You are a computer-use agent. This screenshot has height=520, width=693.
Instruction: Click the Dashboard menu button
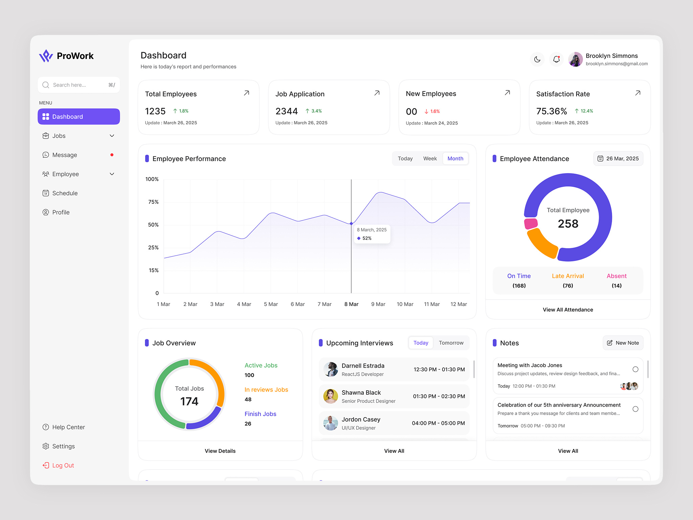pyautogui.click(x=79, y=116)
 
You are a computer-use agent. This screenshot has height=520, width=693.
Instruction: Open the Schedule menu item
pyautogui.click(x=65, y=193)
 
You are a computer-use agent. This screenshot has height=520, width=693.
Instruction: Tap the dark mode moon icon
pyautogui.click(x=537, y=60)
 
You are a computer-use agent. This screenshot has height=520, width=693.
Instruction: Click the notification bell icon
pyautogui.click(x=556, y=60)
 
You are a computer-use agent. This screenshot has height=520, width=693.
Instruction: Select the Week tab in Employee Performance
pyautogui.click(x=430, y=158)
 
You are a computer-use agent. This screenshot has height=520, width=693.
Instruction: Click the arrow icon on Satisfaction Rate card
pyautogui.click(x=638, y=93)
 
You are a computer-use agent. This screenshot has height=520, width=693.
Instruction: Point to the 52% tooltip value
pyautogui.click(x=367, y=238)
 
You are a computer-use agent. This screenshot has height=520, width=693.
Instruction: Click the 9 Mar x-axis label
pyautogui.click(x=378, y=304)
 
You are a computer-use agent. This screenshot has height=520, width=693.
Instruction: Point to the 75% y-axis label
pyautogui.click(x=153, y=202)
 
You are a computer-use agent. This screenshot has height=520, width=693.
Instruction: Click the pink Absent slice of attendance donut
pyautogui.click(x=531, y=224)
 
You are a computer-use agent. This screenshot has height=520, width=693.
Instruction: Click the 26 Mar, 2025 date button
pyautogui.click(x=618, y=158)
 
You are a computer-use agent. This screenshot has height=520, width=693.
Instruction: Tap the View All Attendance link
pyautogui.click(x=568, y=310)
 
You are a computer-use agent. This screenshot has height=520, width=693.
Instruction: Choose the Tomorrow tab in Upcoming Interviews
pyautogui.click(x=451, y=343)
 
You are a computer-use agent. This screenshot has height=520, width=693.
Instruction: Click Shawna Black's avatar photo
pyautogui.click(x=331, y=396)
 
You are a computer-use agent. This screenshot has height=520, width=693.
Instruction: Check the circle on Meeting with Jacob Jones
pyautogui.click(x=635, y=369)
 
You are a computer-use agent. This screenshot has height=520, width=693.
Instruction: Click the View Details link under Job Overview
pyautogui.click(x=220, y=451)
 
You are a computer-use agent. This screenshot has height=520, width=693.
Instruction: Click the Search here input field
pyautogui.click(x=79, y=85)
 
